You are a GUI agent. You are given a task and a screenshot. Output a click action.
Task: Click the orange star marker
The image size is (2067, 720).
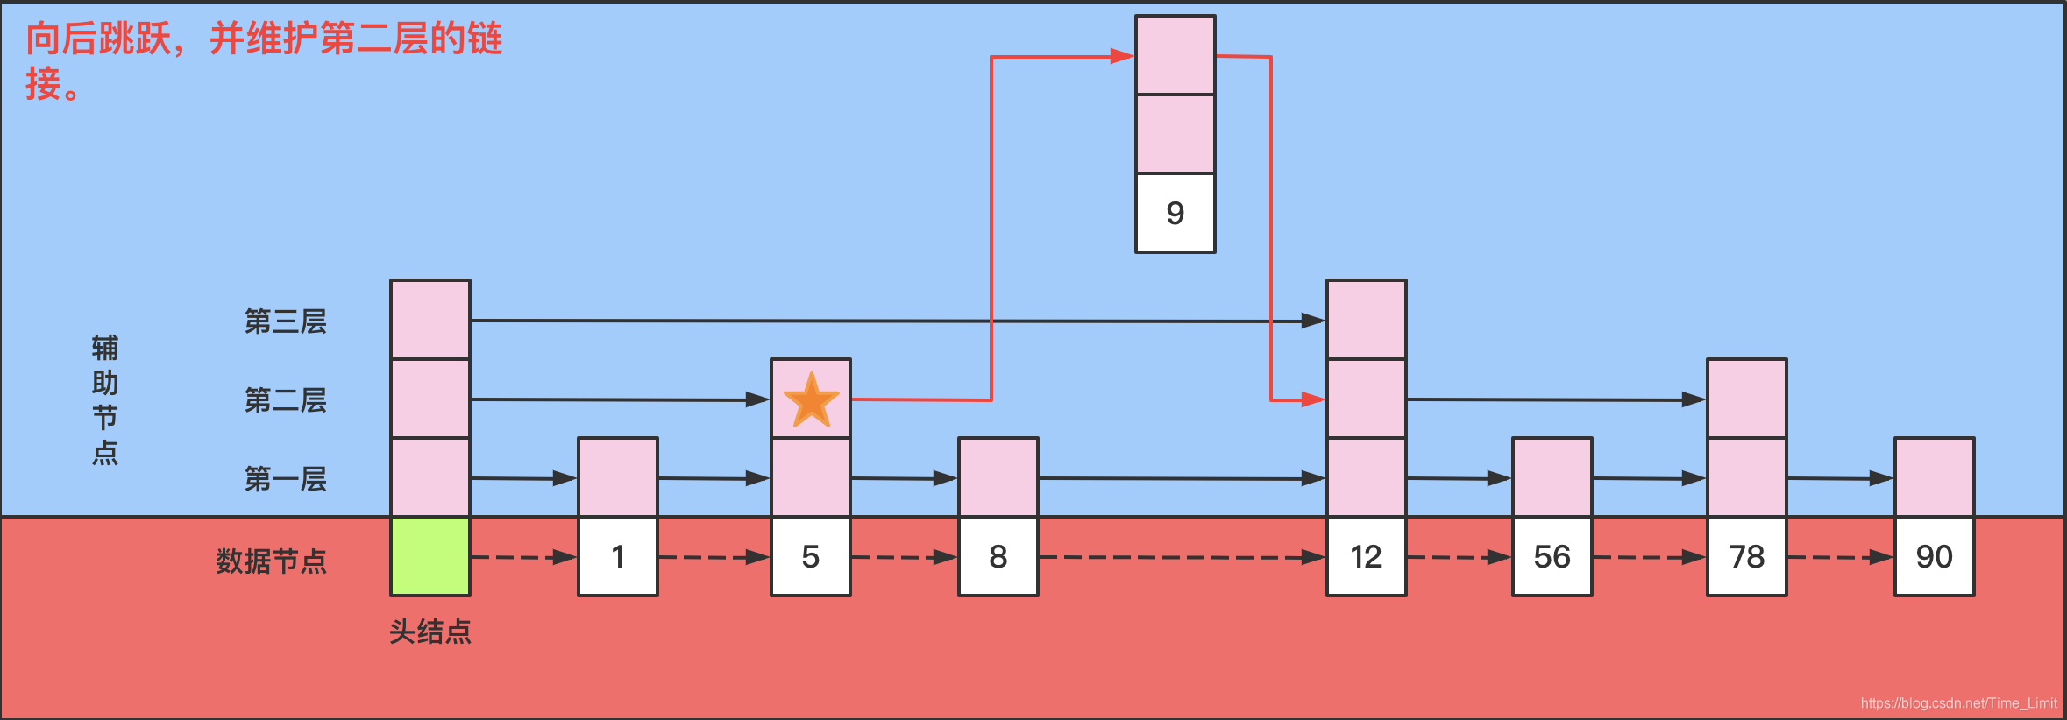[811, 400]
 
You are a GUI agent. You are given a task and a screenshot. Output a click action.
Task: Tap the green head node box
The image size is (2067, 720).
[430, 556]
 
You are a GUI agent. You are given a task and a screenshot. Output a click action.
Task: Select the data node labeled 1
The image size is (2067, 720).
[618, 556]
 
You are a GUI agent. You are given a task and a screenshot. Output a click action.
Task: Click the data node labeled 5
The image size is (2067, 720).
[811, 556]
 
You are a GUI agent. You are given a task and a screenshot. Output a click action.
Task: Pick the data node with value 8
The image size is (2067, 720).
[998, 556]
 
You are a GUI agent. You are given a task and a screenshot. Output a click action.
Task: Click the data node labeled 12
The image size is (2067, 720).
[1367, 556]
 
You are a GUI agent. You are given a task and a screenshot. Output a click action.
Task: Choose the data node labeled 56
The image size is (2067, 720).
[1552, 556]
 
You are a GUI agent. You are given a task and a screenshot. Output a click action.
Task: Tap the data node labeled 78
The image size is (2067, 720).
[1747, 556]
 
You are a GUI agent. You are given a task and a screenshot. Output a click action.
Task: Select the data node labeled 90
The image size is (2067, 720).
[1935, 556]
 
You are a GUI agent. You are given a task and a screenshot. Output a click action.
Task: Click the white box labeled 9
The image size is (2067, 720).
[1176, 213]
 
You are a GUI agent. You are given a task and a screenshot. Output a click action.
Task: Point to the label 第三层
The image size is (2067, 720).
[286, 321]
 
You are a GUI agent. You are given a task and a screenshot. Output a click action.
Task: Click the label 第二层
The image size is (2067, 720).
[286, 400]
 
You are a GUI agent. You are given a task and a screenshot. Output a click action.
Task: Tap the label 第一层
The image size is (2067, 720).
[286, 479]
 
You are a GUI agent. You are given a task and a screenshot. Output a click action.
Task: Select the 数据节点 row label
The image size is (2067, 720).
[272, 561]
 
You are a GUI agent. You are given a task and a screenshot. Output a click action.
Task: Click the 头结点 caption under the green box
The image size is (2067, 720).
[430, 632]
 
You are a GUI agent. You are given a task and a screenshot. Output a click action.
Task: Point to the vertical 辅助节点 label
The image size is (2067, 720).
[105, 399]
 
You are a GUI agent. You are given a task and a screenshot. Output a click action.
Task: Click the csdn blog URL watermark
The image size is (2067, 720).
[1958, 703]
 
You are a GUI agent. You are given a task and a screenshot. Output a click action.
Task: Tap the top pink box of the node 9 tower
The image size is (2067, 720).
[1176, 54]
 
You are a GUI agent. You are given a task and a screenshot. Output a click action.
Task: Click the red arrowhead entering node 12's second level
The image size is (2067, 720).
[1313, 399]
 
